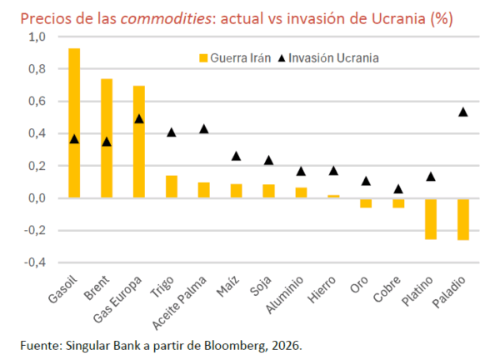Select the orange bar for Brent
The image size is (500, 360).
[x=107, y=138]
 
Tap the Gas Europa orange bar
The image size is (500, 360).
[x=139, y=142]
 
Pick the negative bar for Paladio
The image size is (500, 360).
[x=463, y=219]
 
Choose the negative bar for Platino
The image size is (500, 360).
[x=431, y=218]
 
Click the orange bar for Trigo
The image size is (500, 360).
[x=172, y=187]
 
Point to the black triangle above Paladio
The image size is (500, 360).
[x=463, y=112]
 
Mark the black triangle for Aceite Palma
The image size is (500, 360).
[x=204, y=129]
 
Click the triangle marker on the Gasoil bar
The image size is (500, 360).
[x=74, y=139]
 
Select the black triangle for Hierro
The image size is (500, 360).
[x=333, y=171]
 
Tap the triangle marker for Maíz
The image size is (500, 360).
[x=237, y=156]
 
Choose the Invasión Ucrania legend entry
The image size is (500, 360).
[x=332, y=57]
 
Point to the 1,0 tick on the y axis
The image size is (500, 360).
[x=38, y=37]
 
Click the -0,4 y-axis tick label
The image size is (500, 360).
[x=37, y=263]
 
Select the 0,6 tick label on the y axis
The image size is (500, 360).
[x=38, y=102]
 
